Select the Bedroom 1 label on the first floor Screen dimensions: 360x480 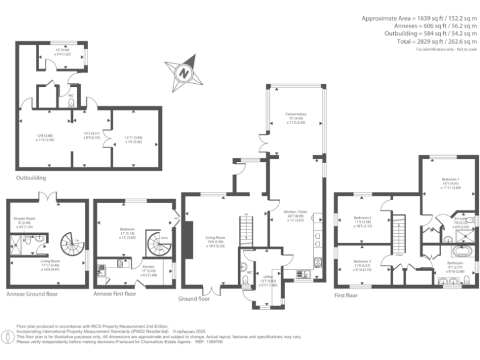(449, 179)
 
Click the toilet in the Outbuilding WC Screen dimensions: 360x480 (71, 102)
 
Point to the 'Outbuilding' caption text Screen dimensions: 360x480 (31, 177)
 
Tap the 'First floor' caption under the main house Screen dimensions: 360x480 (346, 294)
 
